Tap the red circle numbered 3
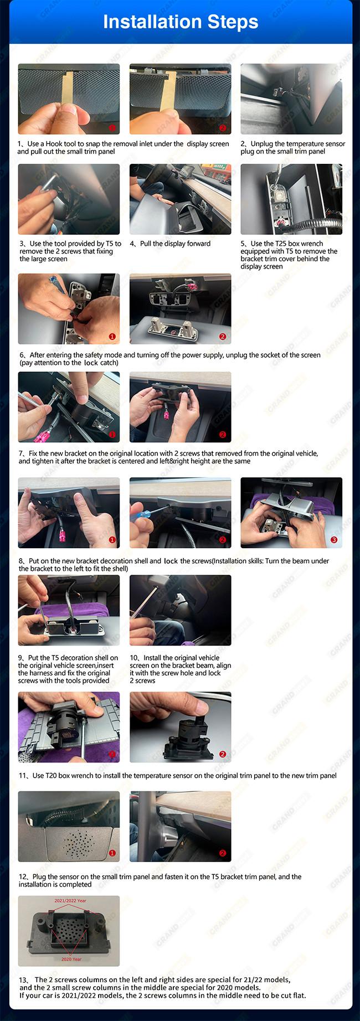coord(333,540)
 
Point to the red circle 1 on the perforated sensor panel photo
coord(112,853)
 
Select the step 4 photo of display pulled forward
coord(180,199)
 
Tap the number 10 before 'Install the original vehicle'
coord(134,658)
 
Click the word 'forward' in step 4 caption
coord(198,244)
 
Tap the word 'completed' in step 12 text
coord(75,884)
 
